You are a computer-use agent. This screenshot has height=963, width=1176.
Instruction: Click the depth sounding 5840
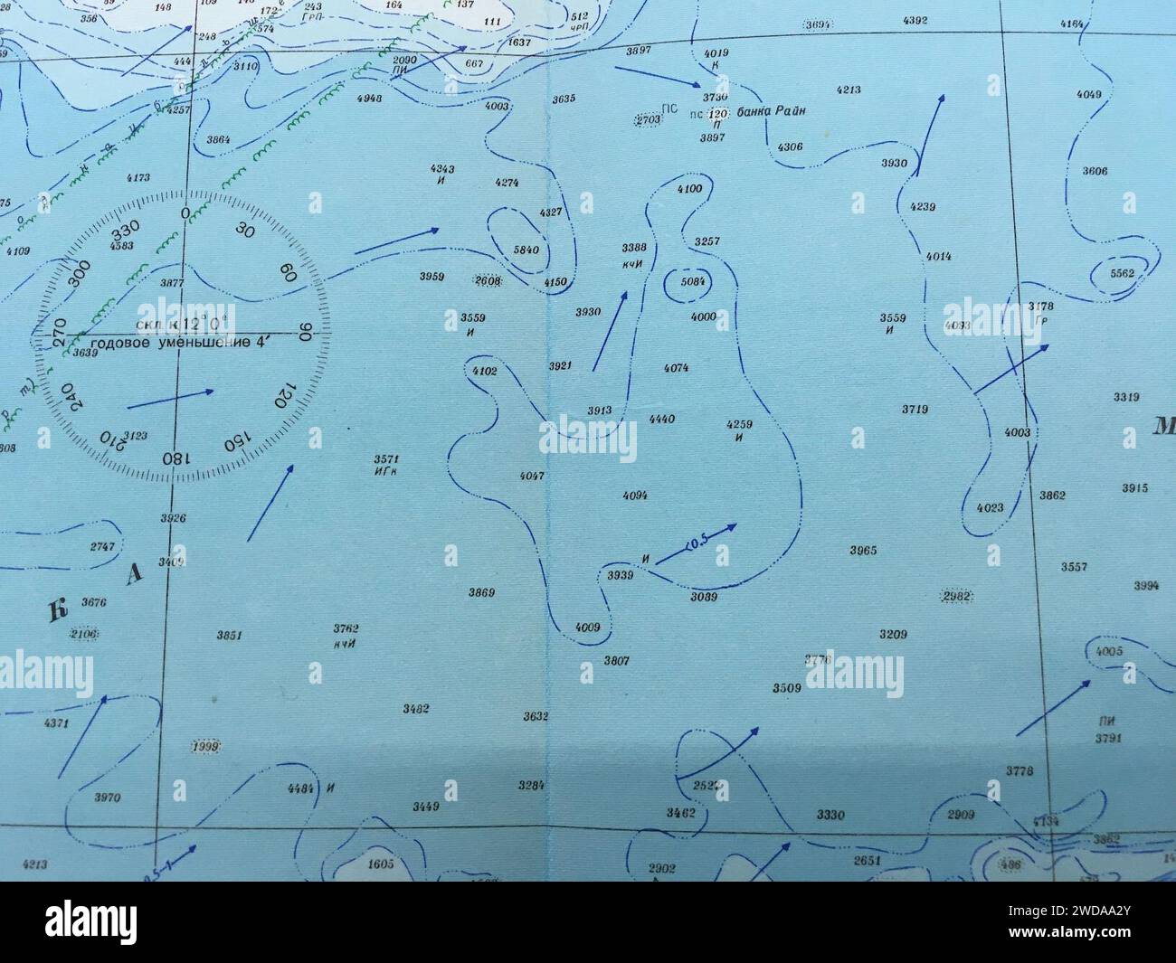click(x=526, y=249)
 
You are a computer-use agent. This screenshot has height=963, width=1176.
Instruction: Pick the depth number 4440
click(x=662, y=420)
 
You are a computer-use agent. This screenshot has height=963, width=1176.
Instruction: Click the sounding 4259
click(x=739, y=424)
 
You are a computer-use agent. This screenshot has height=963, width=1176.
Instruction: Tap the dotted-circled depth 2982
click(x=956, y=597)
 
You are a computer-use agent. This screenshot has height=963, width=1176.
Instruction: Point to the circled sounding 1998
click(x=206, y=746)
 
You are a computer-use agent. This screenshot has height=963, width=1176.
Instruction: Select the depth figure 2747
click(x=102, y=547)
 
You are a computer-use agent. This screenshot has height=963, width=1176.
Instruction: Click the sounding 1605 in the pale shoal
click(x=381, y=864)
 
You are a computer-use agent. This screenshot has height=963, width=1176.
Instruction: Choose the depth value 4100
click(x=688, y=189)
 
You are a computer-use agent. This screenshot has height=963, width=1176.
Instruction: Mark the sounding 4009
click(x=587, y=627)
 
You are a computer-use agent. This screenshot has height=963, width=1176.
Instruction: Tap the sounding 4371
click(x=56, y=723)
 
